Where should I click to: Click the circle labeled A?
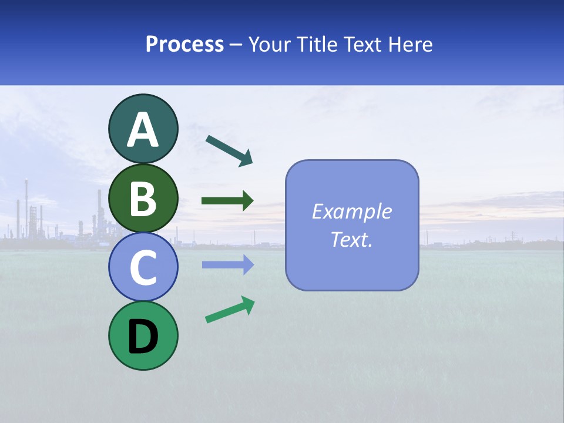click(143, 129)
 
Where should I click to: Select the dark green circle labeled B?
click(143, 198)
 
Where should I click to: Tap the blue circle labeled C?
click(143, 267)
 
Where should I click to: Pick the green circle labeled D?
click(143, 335)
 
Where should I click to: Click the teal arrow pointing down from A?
click(230, 150)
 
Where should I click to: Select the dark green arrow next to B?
click(227, 201)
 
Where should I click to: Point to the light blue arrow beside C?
click(227, 264)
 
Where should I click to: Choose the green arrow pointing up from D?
click(230, 310)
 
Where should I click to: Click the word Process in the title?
click(184, 44)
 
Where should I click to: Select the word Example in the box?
click(352, 211)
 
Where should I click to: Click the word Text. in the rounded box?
click(352, 239)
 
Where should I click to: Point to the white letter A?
click(143, 130)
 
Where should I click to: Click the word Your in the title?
click(270, 44)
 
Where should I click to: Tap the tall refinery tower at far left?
click(26, 206)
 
